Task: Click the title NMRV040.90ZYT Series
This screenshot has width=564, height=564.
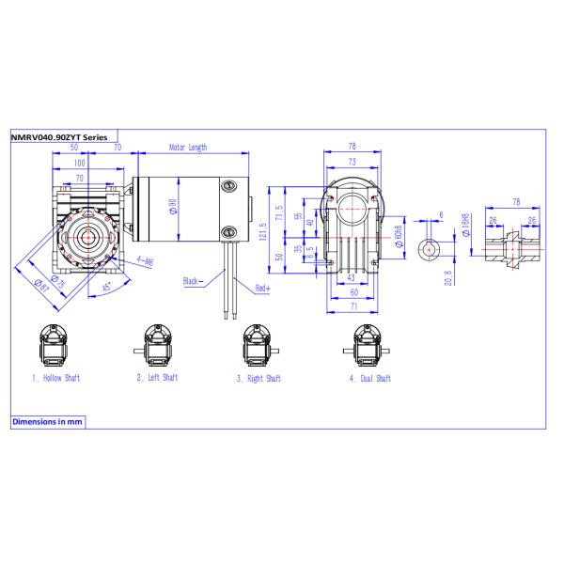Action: click(58, 136)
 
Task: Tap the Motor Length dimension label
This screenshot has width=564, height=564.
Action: click(188, 148)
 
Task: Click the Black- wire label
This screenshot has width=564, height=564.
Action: click(195, 280)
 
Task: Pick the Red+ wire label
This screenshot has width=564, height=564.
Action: click(262, 289)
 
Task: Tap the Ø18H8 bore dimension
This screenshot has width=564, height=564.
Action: click(466, 223)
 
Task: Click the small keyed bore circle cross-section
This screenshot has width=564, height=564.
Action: click(430, 249)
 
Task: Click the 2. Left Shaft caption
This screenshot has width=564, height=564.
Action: click(156, 378)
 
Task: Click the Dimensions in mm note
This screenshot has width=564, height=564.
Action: click(47, 422)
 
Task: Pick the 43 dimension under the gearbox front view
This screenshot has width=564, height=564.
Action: click(350, 279)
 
